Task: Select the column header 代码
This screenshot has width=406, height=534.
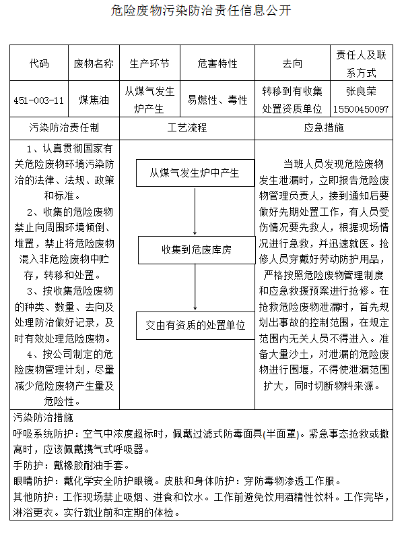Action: (39, 63)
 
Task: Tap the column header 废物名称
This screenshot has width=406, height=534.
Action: (94, 63)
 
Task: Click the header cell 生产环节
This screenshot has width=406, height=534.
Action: (149, 63)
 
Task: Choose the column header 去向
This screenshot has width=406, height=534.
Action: (292, 63)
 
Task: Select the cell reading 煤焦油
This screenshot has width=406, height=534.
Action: (94, 100)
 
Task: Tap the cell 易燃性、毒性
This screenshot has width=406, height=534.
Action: (217, 100)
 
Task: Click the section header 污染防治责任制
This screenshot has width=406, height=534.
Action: (65, 127)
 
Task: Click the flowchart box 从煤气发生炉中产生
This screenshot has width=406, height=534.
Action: (195, 173)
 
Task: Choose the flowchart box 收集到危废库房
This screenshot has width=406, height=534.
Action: (195, 249)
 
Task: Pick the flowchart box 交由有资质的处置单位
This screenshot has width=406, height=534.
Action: (195, 325)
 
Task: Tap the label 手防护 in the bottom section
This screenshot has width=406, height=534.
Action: (28, 465)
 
